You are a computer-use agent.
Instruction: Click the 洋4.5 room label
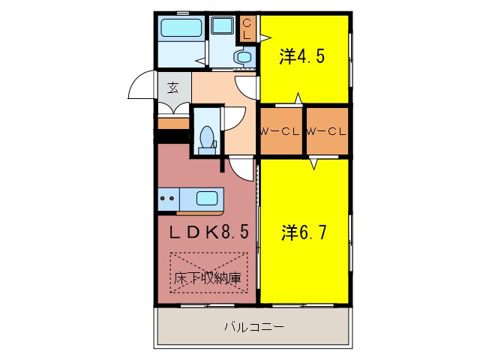[x=302, y=56]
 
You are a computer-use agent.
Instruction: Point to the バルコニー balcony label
[x=253, y=327]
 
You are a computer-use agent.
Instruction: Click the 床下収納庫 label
[x=208, y=278]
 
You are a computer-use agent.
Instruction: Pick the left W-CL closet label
[x=280, y=132]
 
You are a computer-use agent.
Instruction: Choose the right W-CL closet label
[x=326, y=132]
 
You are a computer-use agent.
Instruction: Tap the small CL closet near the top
[x=247, y=30]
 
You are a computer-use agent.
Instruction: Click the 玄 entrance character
[x=173, y=88]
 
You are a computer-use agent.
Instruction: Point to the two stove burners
[x=168, y=199]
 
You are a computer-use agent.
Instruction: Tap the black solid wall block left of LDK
[x=172, y=136]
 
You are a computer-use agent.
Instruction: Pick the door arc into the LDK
[x=241, y=166]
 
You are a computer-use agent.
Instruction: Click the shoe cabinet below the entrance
[x=173, y=122]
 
